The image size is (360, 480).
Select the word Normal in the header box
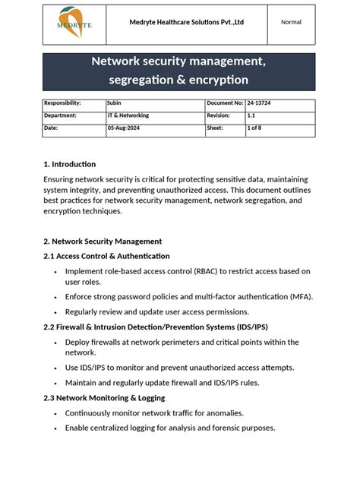point(291,22)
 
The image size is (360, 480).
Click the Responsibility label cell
point(62,103)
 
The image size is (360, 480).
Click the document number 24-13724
point(261,103)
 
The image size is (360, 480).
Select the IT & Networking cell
point(128,115)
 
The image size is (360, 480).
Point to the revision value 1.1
point(251,115)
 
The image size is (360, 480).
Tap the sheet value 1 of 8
point(255,128)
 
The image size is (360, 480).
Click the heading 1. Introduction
point(70,164)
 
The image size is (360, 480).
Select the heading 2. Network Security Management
point(103,241)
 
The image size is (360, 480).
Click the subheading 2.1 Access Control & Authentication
point(106,256)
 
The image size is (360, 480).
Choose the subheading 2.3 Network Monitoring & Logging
point(104,398)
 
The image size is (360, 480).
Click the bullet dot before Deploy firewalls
point(55,343)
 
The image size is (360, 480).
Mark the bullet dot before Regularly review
point(55,312)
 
